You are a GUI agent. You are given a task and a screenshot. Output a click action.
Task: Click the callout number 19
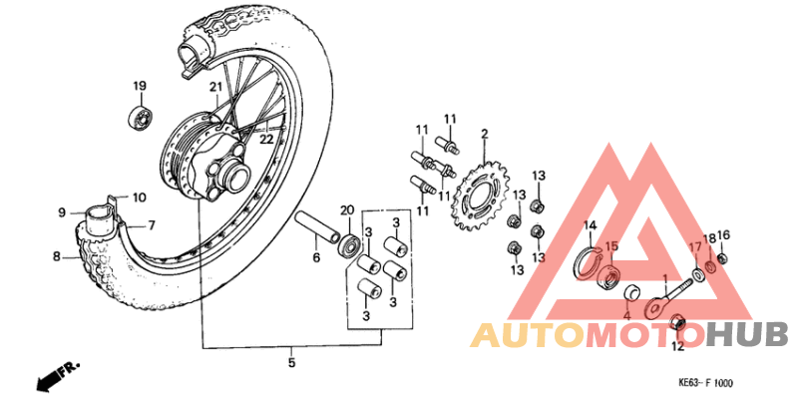coord(140,86)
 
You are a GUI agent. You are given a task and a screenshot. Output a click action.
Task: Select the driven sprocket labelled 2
coord(484,197)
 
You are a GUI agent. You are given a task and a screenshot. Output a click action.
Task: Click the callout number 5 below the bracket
coord(292,363)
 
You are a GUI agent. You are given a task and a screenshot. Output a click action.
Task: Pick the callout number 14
coord(590,225)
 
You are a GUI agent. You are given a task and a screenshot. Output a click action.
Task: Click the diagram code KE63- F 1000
coord(705,382)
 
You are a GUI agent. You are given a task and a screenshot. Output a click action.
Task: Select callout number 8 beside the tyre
coord(57,257)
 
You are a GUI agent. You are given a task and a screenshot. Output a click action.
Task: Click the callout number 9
coord(62,212)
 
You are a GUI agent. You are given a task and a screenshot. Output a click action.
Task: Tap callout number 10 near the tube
coord(139,198)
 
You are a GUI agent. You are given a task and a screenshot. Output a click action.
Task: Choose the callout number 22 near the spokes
coord(266,140)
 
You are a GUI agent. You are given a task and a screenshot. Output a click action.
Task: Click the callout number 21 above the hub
coord(213,88)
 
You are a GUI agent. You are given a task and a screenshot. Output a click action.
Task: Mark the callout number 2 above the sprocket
coord(484,134)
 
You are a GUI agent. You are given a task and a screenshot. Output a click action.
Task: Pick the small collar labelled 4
coord(630,293)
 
